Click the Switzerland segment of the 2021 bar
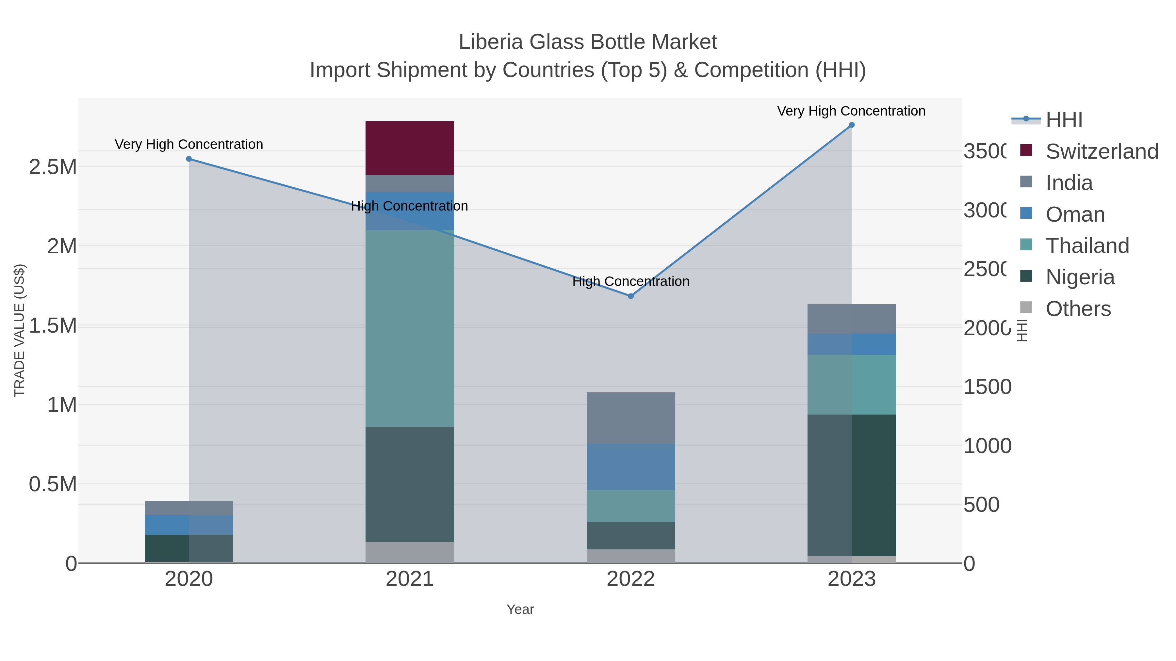click(x=410, y=148)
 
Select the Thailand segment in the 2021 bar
click(x=410, y=328)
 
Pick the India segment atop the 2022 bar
click(x=630, y=418)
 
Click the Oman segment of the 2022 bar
click(x=630, y=467)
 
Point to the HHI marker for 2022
click(x=630, y=296)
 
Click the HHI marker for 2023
click(x=851, y=125)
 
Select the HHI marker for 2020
click(x=189, y=159)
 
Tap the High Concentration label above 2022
click(x=630, y=281)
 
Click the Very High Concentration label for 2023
click(x=851, y=111)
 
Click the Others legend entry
click(x=1077, y=309)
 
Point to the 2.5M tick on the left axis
click(x=53, y=167)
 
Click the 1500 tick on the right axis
click(x=987, y=387)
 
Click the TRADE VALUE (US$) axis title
click(x=20, y=330)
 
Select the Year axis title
click(x=520, y=609)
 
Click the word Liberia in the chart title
click(x=490, y=42)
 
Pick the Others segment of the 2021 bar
click(x=410, y=552)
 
